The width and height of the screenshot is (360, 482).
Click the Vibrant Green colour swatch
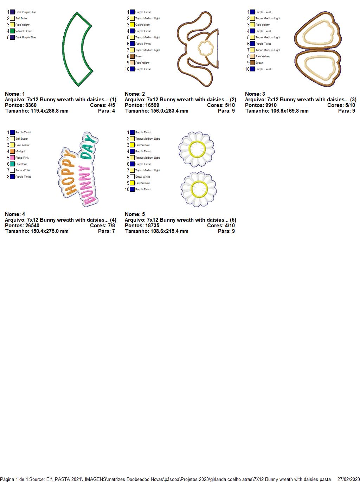(12, 31)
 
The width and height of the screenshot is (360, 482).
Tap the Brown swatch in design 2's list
(132, 56)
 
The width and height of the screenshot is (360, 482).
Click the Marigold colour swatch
(12, 151)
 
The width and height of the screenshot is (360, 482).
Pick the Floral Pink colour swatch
(12, 158)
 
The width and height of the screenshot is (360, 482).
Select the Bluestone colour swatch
(12, 164)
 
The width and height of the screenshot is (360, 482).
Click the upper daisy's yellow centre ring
(197, 149)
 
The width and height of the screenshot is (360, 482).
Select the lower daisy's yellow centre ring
(199, 189)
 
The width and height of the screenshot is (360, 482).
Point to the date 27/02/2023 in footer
(348, 479)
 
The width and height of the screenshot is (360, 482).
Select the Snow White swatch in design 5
(132, 177)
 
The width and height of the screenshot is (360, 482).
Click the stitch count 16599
(152, 105)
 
